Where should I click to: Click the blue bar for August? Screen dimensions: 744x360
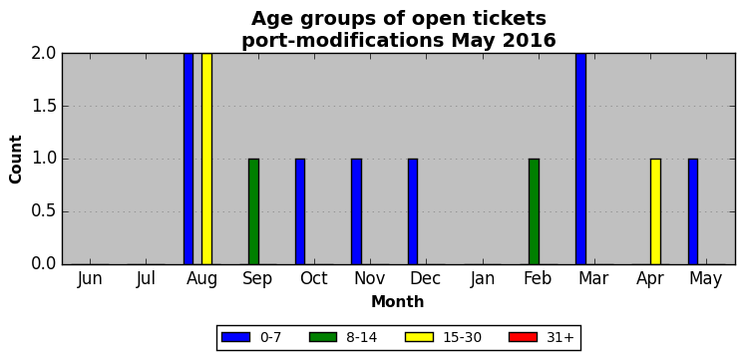tap(188, 159)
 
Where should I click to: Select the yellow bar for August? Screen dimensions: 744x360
tap(206, 159)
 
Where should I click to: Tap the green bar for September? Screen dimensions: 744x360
tap(254, 211)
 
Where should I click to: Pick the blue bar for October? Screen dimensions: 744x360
tap(300, 211)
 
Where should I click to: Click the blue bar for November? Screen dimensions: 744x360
tap(356, 211)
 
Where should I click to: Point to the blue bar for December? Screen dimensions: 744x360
tap(413, 211)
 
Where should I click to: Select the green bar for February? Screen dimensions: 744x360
tap(535, 211)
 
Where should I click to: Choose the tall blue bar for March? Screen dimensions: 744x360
tap(580, 159)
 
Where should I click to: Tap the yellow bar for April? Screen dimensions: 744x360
tap(656, 211)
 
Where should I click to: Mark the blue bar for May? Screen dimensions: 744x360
tap(693, 211)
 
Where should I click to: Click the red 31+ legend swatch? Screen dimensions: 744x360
tap(523, 337)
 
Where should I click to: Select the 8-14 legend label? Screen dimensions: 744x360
tap(362, 338)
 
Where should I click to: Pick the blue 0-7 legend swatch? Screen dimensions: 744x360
tap(235, 337)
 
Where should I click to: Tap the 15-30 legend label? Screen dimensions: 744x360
tap(462, 338)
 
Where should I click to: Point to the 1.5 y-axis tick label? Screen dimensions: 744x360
tap(44, 107)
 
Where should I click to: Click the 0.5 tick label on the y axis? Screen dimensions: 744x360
tap(44, 211)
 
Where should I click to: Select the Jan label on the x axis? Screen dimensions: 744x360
tap(483, 279)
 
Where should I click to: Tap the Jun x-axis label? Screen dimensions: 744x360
tap(90, 279)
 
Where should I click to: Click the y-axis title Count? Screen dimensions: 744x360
tap(16, 160)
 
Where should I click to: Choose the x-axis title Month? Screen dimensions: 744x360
tap(398, 301)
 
